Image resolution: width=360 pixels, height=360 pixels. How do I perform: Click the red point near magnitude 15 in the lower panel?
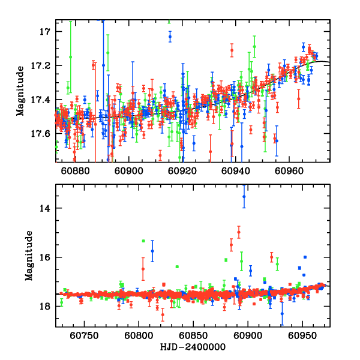239,232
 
